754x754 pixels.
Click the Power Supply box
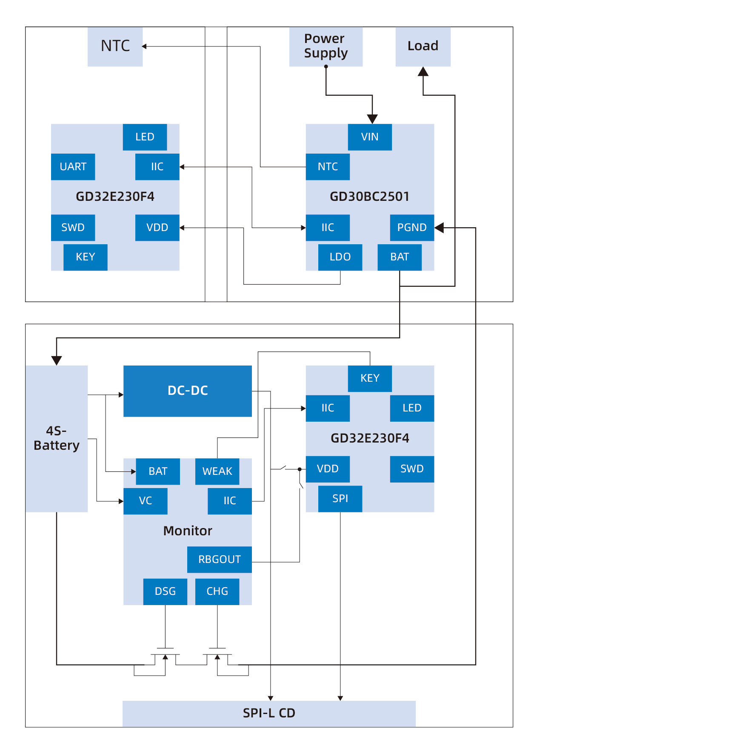326,46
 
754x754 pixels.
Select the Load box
423,46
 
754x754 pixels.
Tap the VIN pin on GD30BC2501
369,137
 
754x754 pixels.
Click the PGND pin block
411,228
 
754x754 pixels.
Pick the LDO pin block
340,257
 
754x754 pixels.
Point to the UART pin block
73,167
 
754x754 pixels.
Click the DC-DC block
187,391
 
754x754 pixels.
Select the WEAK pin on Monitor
217,471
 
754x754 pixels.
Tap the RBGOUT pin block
219,560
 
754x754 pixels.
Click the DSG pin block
165,591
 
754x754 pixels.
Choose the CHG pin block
217,591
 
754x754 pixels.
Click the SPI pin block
340,499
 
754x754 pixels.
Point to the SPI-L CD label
269,713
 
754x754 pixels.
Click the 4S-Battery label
56,438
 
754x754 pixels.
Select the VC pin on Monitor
145,501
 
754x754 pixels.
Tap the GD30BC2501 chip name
369,197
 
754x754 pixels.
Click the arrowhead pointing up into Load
423,72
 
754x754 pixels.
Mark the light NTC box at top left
115,46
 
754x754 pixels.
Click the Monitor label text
187,531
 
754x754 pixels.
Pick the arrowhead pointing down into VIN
372,119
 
